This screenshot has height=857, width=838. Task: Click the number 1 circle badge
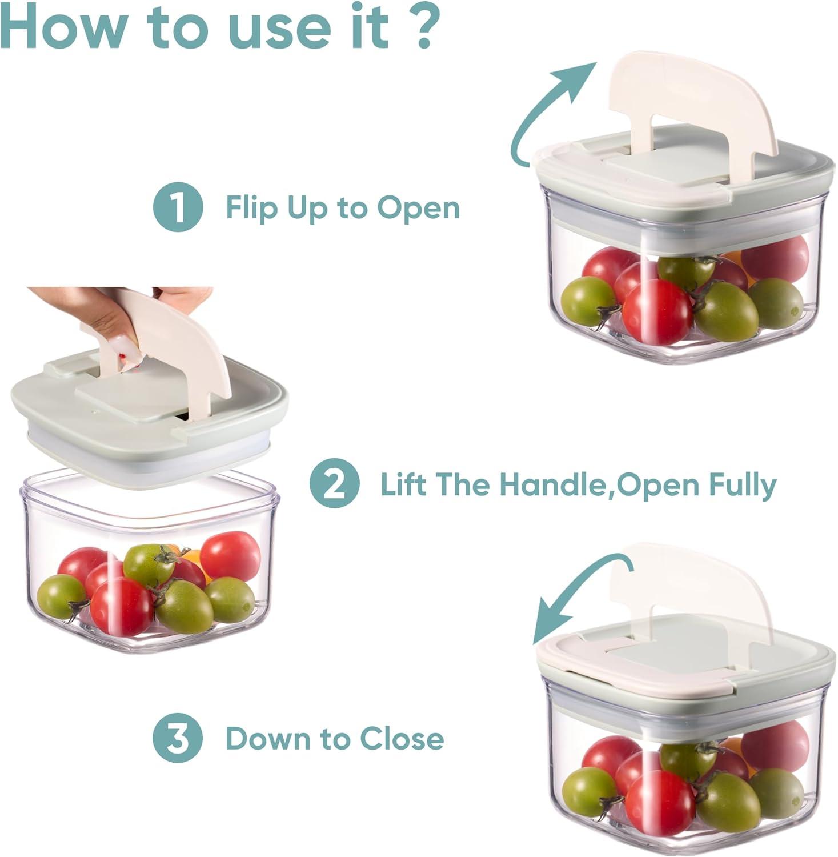178,207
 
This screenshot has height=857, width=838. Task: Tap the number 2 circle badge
334,484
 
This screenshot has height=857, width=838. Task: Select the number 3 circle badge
178,738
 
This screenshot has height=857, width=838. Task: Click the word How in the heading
62,27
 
